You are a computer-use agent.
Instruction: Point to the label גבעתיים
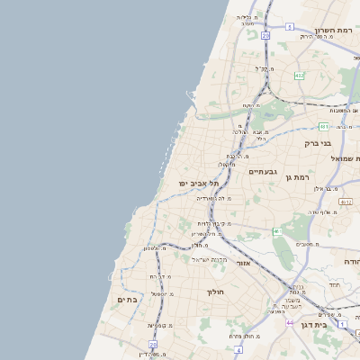[x=262, y=171]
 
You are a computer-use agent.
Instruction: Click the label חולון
[x=214, y=292]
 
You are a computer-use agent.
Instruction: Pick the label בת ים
[x=127, y=299]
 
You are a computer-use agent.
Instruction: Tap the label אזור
[x=243, y=263]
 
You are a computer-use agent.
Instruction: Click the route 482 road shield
[x=298, y=75]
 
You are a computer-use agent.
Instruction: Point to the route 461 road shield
[x=278, y=232]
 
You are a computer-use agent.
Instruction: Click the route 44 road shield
[x=289, y=320]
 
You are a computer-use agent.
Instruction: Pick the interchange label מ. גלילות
[x=249, y=18]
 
